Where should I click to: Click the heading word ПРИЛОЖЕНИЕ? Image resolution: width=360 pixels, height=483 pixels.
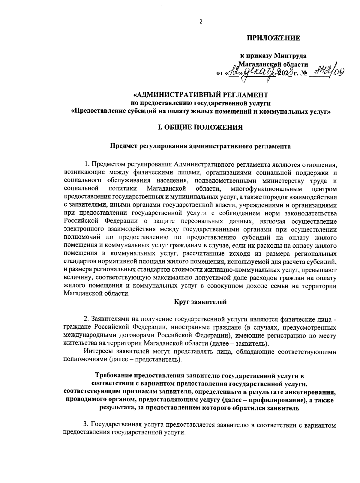pyautogui.click(x=273, y=38)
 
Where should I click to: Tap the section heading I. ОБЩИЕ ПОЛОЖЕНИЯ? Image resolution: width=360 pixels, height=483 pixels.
pyautogui.click(x=200, y=127)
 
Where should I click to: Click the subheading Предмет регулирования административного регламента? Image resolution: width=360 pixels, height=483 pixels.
pyautogui.click(x=200, y=146)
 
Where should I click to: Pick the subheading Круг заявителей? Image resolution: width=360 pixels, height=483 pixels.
pyautogui.click(x=200, y=302)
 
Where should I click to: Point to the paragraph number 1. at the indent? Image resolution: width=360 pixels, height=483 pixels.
pyautogui.click(x=88, y=165)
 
